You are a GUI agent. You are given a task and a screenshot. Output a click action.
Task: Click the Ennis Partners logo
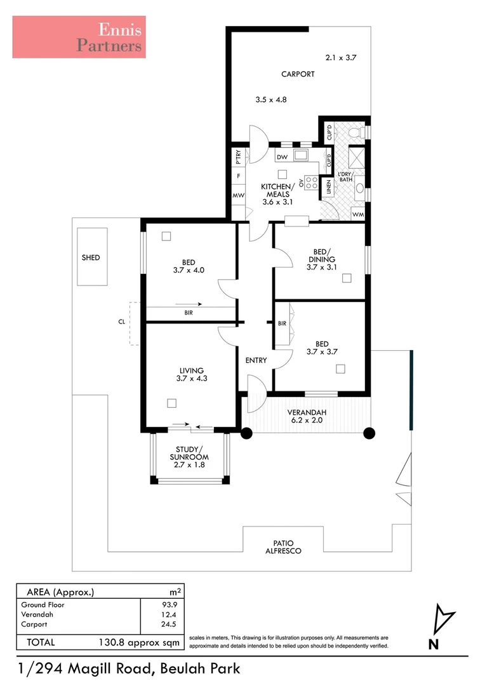click(79, 37)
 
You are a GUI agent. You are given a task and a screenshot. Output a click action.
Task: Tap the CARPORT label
click(298, 74)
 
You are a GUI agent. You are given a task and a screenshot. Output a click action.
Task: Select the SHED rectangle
click(91, 257)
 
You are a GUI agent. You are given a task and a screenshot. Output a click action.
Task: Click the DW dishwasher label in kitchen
click(282, 157)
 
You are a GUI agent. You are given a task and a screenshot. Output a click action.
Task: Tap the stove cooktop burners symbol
click(311, 183)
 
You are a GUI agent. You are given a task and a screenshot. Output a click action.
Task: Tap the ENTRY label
click(256, 360)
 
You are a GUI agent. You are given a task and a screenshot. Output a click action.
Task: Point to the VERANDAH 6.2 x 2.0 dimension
click(307, 419)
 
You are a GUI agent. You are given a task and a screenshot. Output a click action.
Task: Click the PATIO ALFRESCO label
click(283, 547)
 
